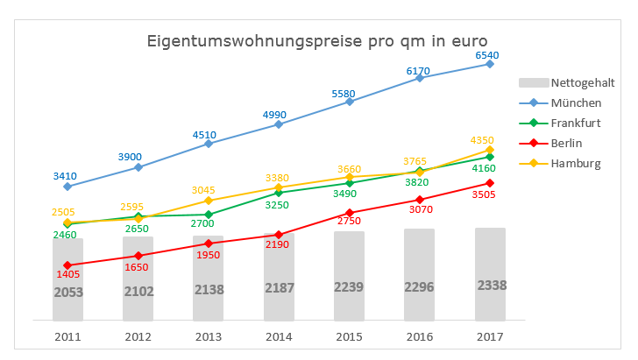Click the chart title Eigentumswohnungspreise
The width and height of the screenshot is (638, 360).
(316, 41)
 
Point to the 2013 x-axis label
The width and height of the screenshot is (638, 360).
(209, 336)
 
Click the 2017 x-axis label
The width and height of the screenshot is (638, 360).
(490, 336)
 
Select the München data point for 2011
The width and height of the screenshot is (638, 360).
(67, 187)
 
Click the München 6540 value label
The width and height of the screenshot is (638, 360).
(486, 55)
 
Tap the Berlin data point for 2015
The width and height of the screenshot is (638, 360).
(350, 213)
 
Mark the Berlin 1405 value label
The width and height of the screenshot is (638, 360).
(67, 275)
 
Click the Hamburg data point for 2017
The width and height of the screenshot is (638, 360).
(490, 150)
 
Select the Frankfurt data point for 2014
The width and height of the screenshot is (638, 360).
(279, 193)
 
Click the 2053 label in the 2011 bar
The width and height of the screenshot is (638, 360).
(67, 292)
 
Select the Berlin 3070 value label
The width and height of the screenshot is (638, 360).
(420, 210)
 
